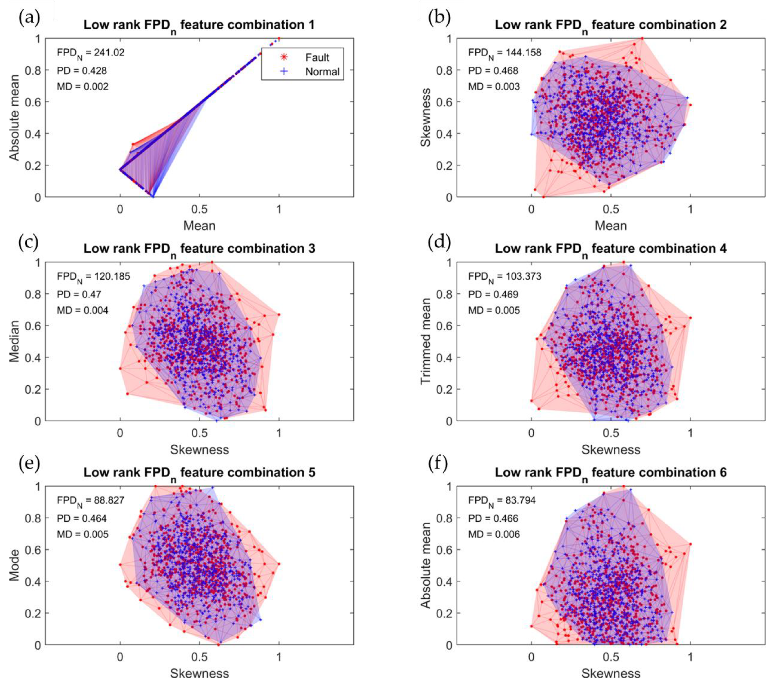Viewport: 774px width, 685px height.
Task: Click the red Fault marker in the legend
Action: (284, 57)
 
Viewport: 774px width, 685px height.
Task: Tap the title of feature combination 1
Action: (199, 26)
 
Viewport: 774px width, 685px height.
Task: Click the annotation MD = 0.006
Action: (494, 534)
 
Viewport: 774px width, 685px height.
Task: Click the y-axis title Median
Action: (14, 341)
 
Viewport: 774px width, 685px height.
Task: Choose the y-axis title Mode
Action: (14, 565)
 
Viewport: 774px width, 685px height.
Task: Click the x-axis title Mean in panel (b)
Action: (611, 226)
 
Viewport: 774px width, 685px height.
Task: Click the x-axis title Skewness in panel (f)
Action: (611, 674)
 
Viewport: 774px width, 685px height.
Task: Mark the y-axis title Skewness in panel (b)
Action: (426, 118)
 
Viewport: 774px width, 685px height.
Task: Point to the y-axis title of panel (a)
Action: (14, 118)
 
